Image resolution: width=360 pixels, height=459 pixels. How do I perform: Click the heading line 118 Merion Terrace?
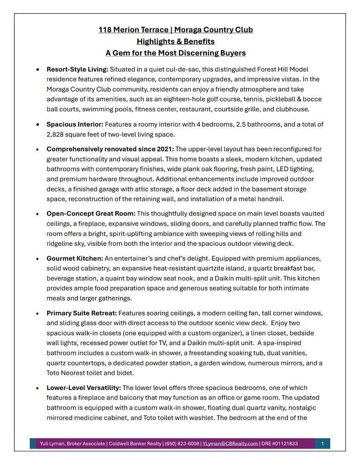tap(176, 30)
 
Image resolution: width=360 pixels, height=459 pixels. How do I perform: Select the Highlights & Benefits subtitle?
tap(176, 41)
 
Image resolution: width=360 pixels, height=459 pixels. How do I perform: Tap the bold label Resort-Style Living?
tap(77, 69)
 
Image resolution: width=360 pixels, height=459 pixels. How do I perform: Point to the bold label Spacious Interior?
tap(75, 125)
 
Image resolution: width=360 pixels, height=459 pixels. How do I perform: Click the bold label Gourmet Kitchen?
tap(75, 258)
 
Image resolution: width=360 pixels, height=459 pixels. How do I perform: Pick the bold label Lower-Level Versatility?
tap(84, 388)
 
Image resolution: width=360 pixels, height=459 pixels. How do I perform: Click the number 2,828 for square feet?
tap(56, 134)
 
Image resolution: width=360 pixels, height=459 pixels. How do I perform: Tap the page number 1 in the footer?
tap(323, 444)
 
